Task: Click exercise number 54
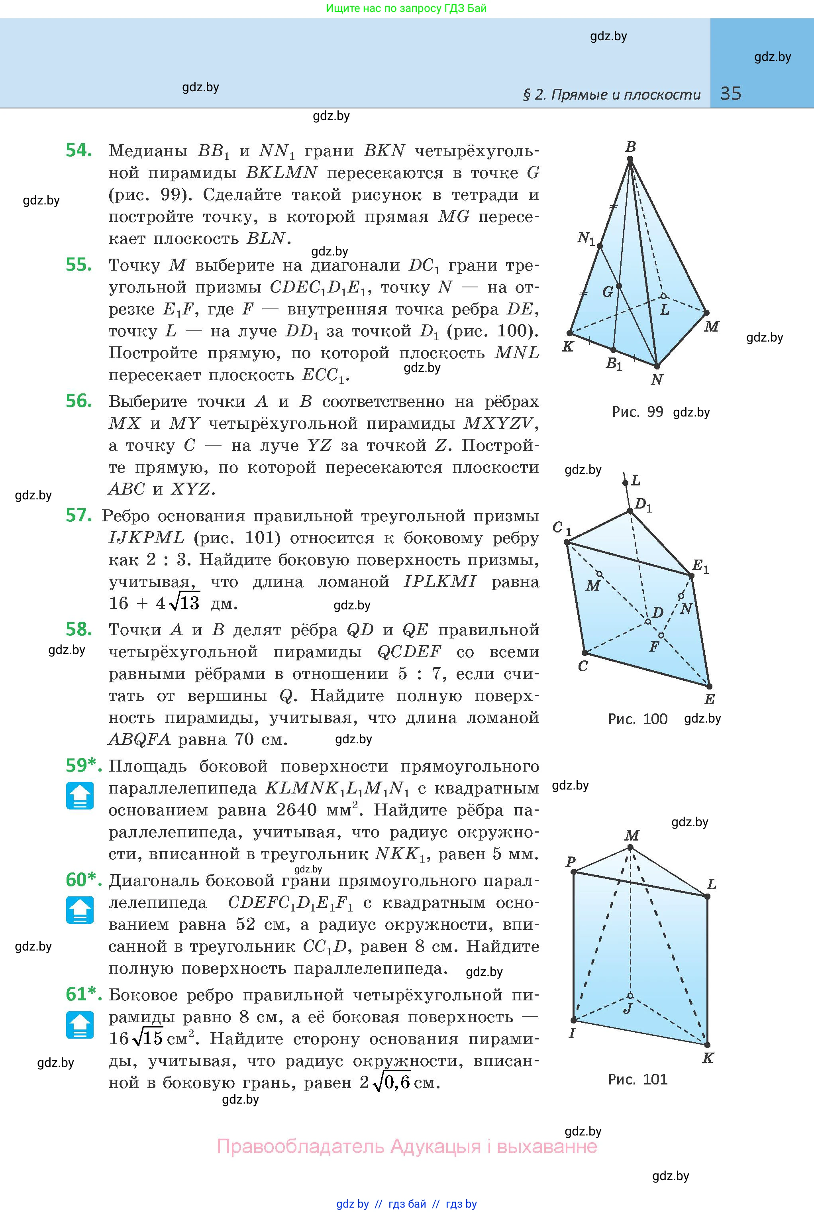click(x=79, y=150)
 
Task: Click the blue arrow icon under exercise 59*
click(x=80, y=796)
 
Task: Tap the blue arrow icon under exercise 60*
click(x=80, y=910)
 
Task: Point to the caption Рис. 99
click(x=637, y=412)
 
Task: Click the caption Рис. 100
click(x=637, y=719)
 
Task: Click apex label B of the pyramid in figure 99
click(x=631, y=147)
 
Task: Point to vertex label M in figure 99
click(x=712, y=326)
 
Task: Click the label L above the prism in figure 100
click(x=636, y=480)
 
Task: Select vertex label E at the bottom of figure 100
click(x=710, y=699)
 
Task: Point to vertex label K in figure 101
click(x=708, y=1058)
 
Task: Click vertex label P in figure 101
click(x=571, y=862)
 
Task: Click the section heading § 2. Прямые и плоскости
click(x=612, y=94)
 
